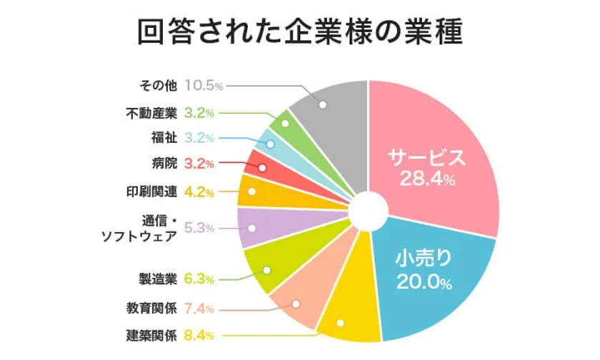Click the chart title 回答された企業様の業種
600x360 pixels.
(300, 32)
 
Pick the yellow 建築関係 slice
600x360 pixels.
(348, 314)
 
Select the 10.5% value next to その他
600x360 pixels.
(204, 85)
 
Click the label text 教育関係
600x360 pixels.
(148, 309)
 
